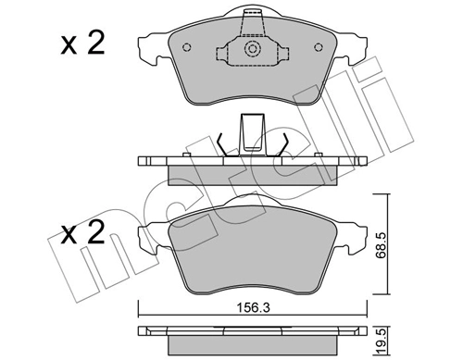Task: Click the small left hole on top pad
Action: [x=188, y=49]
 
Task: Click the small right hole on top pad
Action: [x=316, y=49]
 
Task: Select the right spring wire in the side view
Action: [x=284, y=145]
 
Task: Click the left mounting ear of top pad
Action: [x=150, y=45]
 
